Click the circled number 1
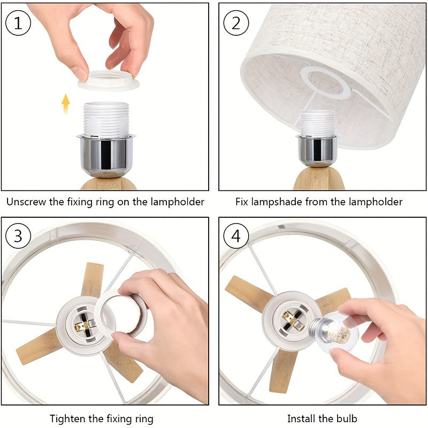(18, 24)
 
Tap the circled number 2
(236, 24)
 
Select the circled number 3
(18, 236)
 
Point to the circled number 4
(236, 236)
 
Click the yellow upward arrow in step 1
(66, 103)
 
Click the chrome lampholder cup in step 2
(317, 151)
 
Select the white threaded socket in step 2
(317, 123)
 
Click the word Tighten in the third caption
(67, 418)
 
